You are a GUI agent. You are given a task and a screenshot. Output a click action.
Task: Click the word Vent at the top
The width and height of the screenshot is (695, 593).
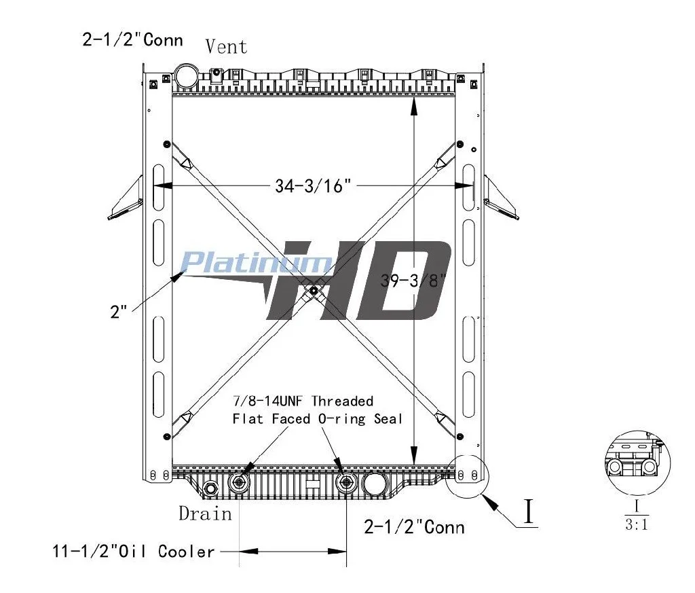click(226, 47)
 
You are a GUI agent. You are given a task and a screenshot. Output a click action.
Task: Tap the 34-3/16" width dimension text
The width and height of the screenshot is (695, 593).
click(313, 186)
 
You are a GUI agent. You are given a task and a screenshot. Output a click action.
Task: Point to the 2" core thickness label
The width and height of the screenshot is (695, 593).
click(118, 312)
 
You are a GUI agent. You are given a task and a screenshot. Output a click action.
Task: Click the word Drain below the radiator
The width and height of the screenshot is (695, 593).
click(205, 514)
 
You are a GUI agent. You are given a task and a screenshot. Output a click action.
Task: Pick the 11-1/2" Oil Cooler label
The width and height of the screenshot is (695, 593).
click(134, 552)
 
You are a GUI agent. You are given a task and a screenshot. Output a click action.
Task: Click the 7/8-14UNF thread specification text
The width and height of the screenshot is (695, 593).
click(267, 401)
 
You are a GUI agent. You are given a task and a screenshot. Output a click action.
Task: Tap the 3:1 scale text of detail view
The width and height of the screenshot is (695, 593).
click(637, 524)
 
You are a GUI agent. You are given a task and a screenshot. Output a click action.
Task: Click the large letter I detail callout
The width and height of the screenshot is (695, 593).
click(528, 511)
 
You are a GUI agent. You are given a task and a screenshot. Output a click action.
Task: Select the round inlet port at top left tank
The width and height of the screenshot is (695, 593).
click(186, 75)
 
